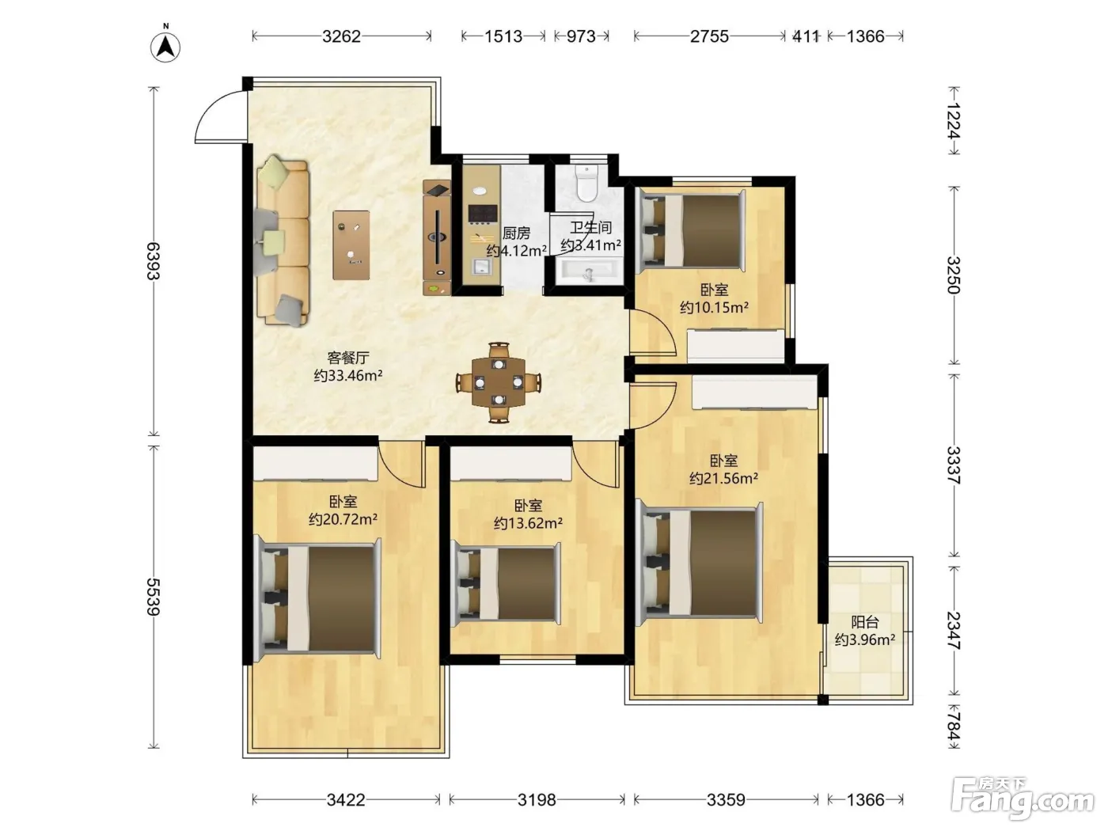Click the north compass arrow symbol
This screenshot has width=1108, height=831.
click(165, 47)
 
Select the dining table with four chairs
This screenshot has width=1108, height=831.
click(499, 382)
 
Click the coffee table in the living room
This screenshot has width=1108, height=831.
click(351, 245)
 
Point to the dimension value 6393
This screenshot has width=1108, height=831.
click(154, 261)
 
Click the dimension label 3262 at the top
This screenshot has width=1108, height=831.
click(342, 36)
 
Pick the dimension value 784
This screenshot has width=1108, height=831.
click(953, 726)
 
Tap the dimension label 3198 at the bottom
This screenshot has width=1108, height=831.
click(537, 799)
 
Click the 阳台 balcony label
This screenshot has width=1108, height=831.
click(865, 622)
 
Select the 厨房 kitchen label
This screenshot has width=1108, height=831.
click(516, 233)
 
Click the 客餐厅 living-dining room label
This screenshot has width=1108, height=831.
click(348, 358)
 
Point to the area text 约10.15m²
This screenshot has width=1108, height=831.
click(714, 307)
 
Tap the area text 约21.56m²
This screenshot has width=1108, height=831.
click(724, 478)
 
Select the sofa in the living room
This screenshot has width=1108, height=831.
click(283, 241)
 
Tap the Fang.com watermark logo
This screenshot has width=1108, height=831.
click(1023, 799)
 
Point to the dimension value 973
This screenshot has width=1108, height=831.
click(582, 36)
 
